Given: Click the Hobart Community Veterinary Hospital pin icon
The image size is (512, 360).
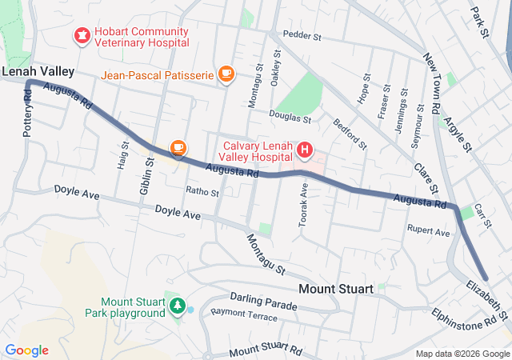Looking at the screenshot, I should coord(81,35).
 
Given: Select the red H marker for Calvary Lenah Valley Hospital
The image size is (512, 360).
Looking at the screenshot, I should coord(305,150).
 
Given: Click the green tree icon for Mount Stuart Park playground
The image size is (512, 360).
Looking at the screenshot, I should coord(178,306).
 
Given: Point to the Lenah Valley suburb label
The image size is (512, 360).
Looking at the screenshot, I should coord(38,71).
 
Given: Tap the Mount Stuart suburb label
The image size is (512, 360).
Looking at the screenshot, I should coord(336,288).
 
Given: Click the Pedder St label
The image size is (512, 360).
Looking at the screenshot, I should coord(302,36).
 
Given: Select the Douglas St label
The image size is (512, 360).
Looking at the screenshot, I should coord(290,118).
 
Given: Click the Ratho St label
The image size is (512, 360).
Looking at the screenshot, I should coord(202,191).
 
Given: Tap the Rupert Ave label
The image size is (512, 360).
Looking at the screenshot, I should coord(428,232).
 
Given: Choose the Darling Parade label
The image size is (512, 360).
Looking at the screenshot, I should coord(265,305).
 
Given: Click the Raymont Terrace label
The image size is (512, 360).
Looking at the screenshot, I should coord(243,318).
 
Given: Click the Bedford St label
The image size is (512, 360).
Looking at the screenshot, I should coord(350,134).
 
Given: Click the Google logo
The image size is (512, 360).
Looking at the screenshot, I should coord(26,350).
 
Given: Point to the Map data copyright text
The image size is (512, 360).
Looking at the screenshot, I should coord(462,354).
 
